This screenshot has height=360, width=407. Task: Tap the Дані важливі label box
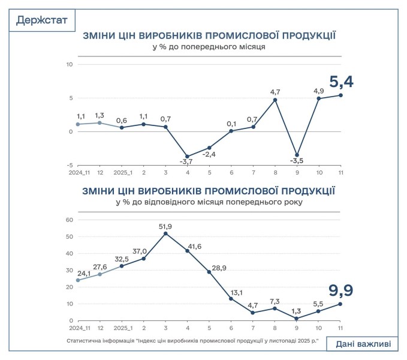coord(362,344)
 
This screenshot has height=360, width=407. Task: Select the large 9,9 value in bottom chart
coord(340,291)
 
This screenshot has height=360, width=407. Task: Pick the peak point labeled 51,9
coord(165,233)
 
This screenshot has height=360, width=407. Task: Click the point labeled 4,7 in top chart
coord(275,100)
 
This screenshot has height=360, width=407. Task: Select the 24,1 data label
coord(84,274)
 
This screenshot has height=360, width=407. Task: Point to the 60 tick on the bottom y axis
coord(69,220)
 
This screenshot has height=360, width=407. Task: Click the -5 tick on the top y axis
coord(70,165)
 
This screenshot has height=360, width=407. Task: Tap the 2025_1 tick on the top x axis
coord(122,173)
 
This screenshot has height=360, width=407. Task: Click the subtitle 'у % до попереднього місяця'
coord(209,46)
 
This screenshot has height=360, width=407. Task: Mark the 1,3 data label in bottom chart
coord(297,311)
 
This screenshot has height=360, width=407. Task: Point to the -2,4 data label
coord(209,155)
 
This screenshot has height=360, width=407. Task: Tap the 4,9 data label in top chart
coord(319,91)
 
